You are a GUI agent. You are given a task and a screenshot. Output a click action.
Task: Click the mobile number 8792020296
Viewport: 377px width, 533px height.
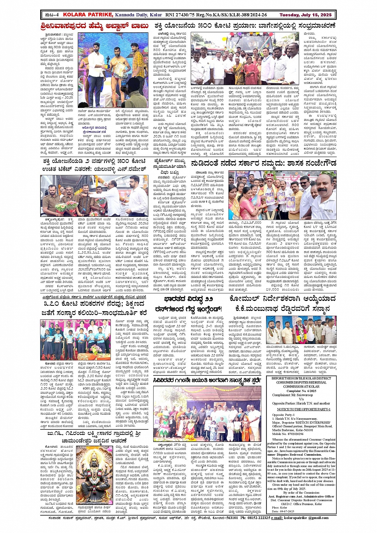pos(295,434)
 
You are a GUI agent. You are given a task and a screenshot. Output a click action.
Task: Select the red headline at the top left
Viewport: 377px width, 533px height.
pos(95,27)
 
